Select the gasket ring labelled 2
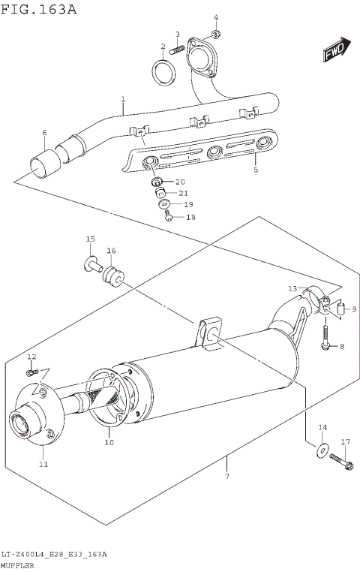click(x=165, y=74)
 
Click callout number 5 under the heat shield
click(x=255, y=170)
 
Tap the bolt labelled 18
click(x=169, y=216)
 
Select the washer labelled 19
click(x=163, y=204)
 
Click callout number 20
click(x=179, y=182)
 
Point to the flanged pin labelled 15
click(x=91, y=262)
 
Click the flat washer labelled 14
click(x=322, y=450)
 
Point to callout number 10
click(x=109, y=443)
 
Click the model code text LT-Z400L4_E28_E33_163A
click(x=53, y=554)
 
